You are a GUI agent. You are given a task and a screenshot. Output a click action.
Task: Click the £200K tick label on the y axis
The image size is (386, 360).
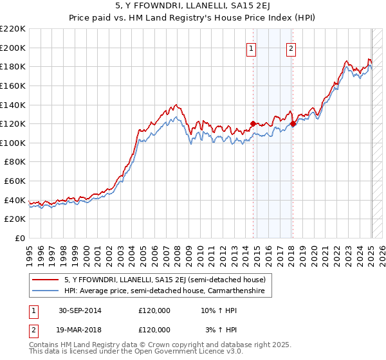tap(13, 48)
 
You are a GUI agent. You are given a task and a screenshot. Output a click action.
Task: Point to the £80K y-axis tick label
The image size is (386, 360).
tap(15, 162)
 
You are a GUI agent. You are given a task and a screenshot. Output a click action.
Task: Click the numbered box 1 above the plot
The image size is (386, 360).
tap(251, 48)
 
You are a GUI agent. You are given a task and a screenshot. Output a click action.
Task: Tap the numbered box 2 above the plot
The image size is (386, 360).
tap(291, 48)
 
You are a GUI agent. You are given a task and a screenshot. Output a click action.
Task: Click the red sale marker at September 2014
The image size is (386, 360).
tap(253, 123)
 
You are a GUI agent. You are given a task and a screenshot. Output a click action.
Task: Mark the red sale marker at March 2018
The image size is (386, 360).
tap(293, 123)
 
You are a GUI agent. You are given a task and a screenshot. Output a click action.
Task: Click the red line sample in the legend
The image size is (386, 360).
tap(46, 280)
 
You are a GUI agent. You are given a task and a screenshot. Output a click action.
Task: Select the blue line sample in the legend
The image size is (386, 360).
tap(46, 291)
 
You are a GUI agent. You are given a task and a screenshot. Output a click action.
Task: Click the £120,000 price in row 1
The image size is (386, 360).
tap(154, 310)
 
